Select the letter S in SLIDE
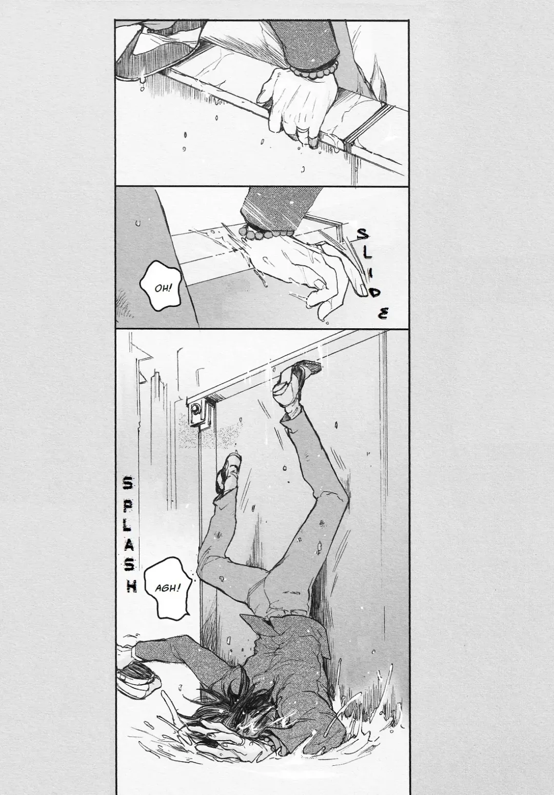pos(363,234)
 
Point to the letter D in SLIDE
pos(375,293)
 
